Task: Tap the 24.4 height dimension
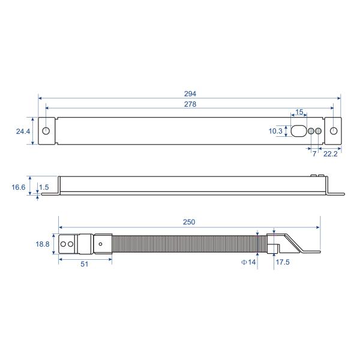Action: [x=24, y=131]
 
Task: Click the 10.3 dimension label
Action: [x=275, y=131]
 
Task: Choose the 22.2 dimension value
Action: [x=329, y=154]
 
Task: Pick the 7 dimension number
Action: [x=313, y=154]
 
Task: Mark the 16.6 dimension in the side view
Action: [x=19, y=187]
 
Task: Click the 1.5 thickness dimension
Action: [x=44, y=188]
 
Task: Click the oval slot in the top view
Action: [x=298, y=131]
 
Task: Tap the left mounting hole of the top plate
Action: [x=47, y=131]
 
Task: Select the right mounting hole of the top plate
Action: [x=334, y=131]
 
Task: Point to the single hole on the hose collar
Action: [x=101, y=244]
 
